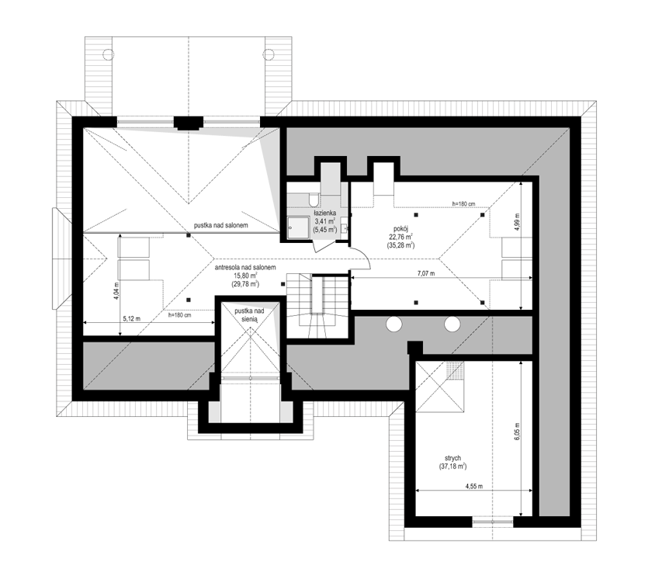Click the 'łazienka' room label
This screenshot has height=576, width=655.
324,213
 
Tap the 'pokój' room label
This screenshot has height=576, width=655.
400,228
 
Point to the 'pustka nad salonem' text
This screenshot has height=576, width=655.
220,225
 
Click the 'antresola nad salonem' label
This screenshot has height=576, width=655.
245,267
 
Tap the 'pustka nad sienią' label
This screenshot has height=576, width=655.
249,314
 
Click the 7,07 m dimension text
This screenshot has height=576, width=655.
426,273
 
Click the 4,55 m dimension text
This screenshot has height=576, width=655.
474,486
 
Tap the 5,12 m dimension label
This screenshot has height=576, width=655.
132,318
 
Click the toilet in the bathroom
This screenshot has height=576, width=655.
314,199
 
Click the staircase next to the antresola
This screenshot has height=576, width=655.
317,306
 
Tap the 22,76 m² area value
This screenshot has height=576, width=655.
401,237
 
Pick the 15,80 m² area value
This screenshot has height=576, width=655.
245,276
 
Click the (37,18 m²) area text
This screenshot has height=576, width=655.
452,467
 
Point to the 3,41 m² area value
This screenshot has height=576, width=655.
324,221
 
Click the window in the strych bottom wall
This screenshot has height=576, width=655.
493,522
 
